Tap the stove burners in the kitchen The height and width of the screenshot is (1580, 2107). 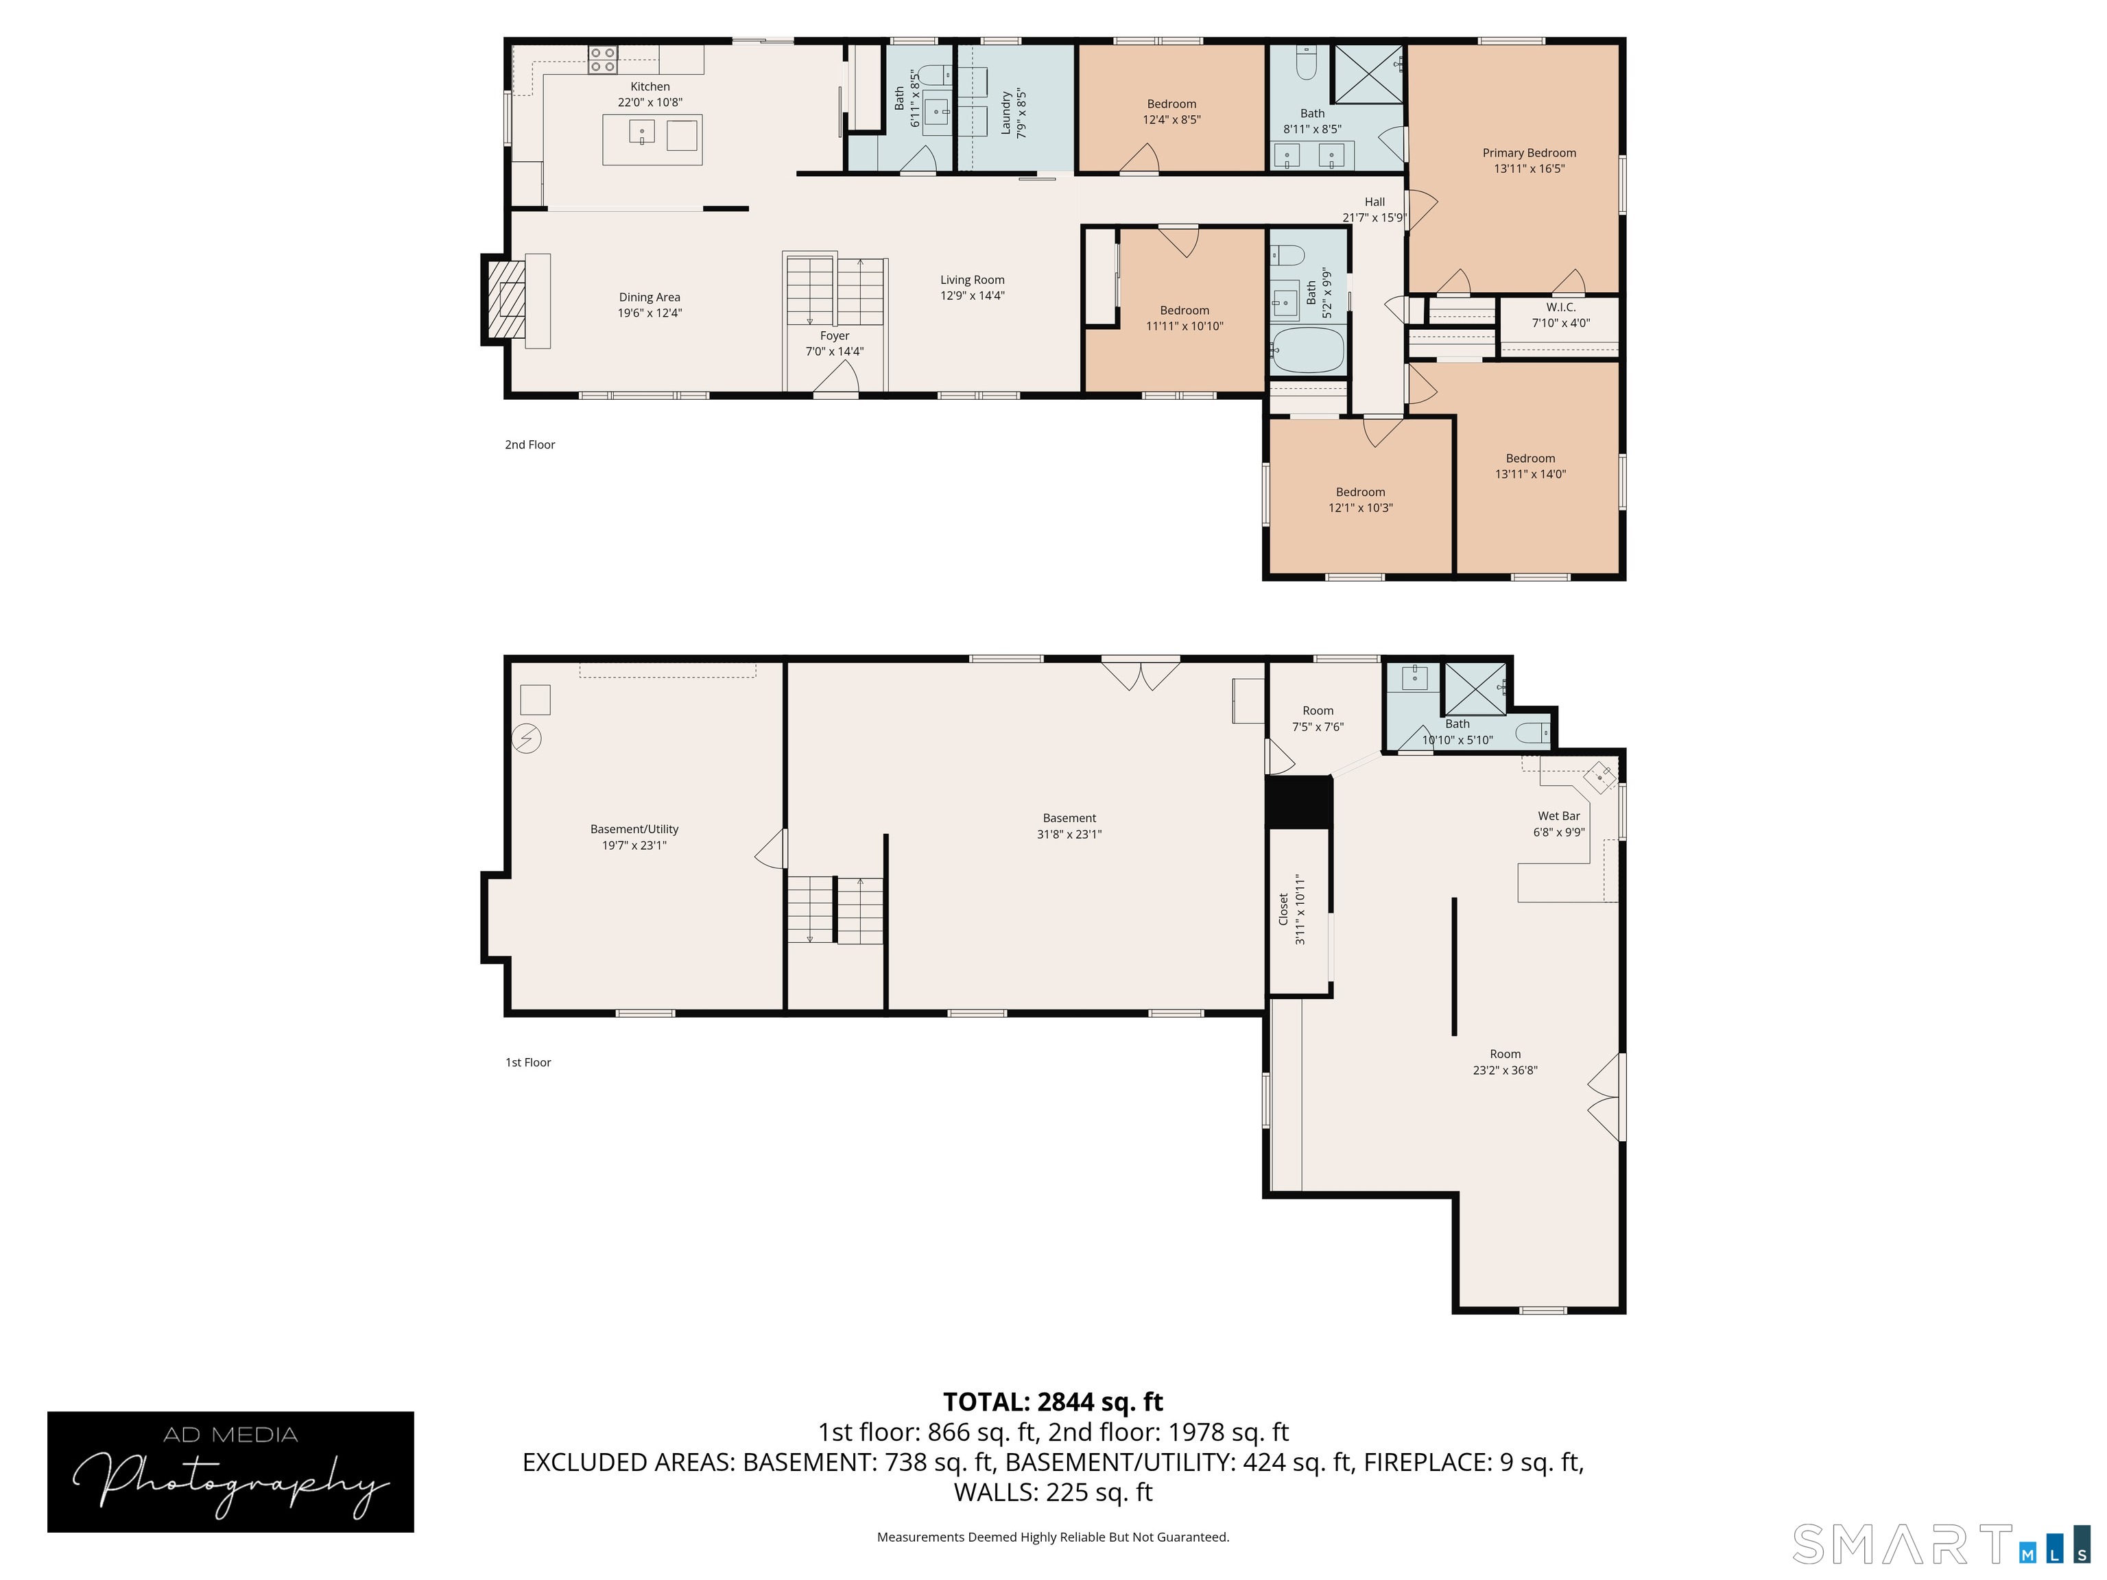click(602, 59)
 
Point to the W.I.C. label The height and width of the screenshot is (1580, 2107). click(1560, 308)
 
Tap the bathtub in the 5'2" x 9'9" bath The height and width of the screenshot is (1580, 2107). click(1308, 350)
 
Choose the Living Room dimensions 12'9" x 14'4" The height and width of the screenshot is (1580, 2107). click(972, 296)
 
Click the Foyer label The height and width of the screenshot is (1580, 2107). click(835, 335)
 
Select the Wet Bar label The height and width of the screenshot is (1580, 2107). click(1558, 816)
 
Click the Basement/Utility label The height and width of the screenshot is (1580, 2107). click(634, 830)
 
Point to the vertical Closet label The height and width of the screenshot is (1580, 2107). click(1283, 909)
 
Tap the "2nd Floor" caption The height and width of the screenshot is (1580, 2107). click(529, 445)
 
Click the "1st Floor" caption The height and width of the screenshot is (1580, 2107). click(527, 1062)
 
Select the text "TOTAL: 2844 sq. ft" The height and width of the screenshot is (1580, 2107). click(1053, 1402)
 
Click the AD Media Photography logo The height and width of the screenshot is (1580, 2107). click(230, 1472)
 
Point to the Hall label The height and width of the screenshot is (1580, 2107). click(1374, 202)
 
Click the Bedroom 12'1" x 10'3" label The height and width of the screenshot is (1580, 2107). click(1360, 492)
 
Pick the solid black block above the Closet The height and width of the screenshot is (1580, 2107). click(1298, 801)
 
